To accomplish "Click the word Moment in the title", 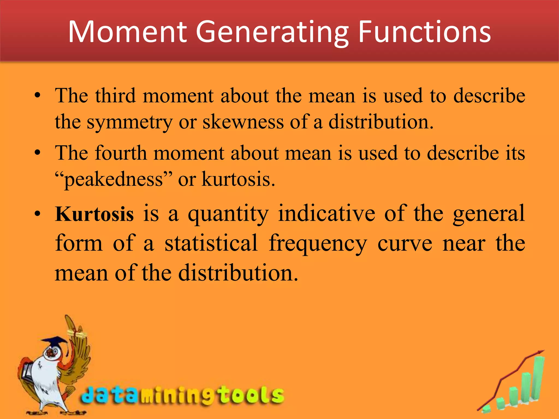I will [x=127, y=32].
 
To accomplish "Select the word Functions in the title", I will [x=424, y=32].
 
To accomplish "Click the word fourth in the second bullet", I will [x=121, y=153].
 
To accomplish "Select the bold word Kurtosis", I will [x=94, y=214].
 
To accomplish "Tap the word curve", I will [x=405, y=244].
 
